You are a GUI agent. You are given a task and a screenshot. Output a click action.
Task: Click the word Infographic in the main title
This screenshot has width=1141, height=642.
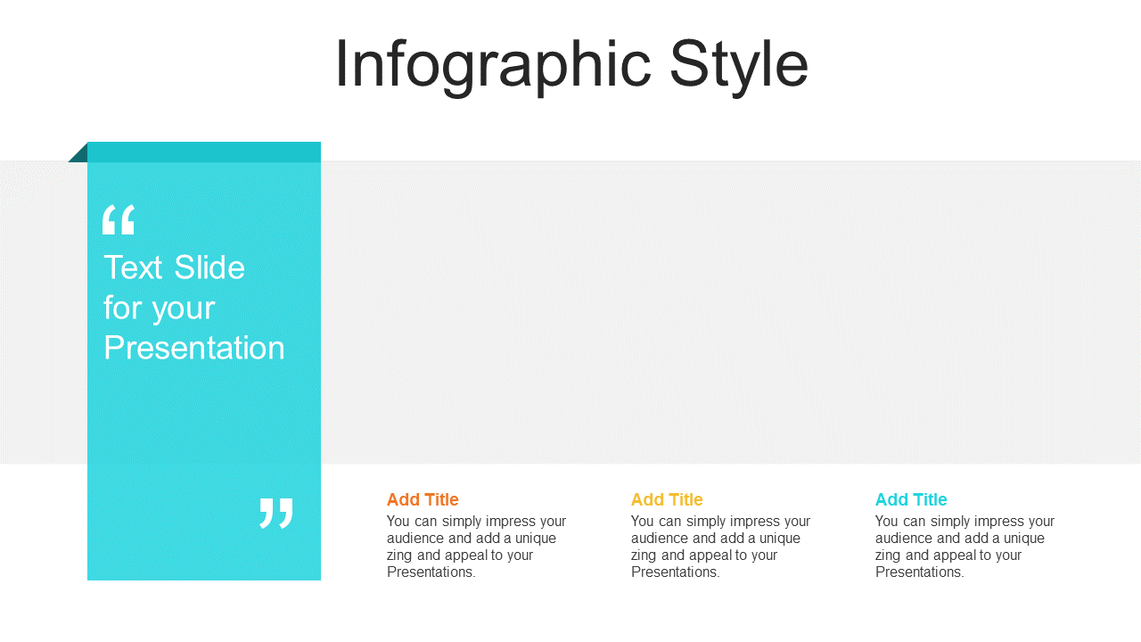coord(493,66)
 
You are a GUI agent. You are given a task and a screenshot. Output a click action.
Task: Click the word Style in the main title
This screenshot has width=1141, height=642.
coord(739,66)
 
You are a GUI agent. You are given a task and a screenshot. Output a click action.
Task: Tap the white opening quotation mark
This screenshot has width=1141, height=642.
coord(119,219)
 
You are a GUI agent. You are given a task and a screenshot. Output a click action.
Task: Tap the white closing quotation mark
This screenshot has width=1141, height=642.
coord(276,513)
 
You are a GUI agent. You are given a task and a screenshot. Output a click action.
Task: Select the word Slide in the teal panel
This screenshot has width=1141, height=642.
coord(209,267)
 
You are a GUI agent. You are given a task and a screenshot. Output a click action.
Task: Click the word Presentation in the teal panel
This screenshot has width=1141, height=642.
coord(194,348)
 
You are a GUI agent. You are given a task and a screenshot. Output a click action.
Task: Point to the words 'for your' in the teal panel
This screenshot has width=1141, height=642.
coord(160,309)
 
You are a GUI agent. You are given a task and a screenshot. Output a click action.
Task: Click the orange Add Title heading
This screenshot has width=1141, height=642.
coord(423,499)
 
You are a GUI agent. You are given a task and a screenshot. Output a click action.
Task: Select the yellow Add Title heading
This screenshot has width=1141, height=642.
coord(667,499)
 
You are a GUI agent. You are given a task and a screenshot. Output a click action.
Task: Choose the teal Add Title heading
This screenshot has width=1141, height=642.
coord(911,499)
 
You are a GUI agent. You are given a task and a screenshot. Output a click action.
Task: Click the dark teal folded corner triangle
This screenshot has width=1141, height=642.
coord(80,154)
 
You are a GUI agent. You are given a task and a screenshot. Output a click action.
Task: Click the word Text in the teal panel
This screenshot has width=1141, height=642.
coord(134,267)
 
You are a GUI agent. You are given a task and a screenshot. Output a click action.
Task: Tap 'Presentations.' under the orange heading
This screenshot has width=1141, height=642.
coord(431,572)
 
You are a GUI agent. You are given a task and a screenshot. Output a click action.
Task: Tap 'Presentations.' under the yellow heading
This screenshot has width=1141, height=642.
coord(676,572)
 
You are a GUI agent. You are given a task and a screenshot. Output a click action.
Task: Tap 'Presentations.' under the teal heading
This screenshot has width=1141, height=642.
coord(919,572)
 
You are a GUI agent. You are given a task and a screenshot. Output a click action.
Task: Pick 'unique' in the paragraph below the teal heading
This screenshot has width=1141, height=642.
coord(1024,538)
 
